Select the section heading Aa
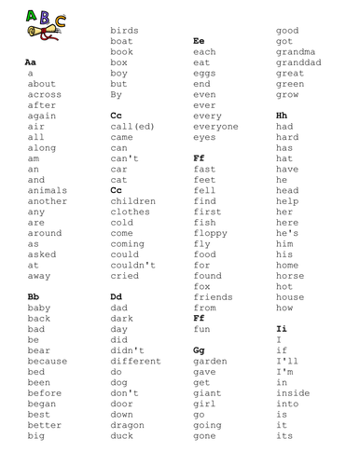(31, 61)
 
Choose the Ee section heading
(199, 41)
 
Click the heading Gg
(199, 349)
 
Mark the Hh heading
(283, 115)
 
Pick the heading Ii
(282, 329)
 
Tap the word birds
(124, 31)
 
